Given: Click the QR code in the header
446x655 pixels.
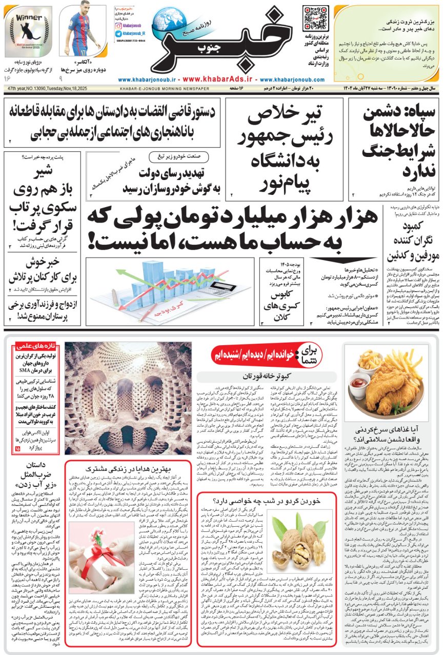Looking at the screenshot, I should (x=315, y=18).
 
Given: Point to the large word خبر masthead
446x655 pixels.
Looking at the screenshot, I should (x=205, y=46).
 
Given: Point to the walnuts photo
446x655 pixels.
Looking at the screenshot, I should (x=302, y=539).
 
